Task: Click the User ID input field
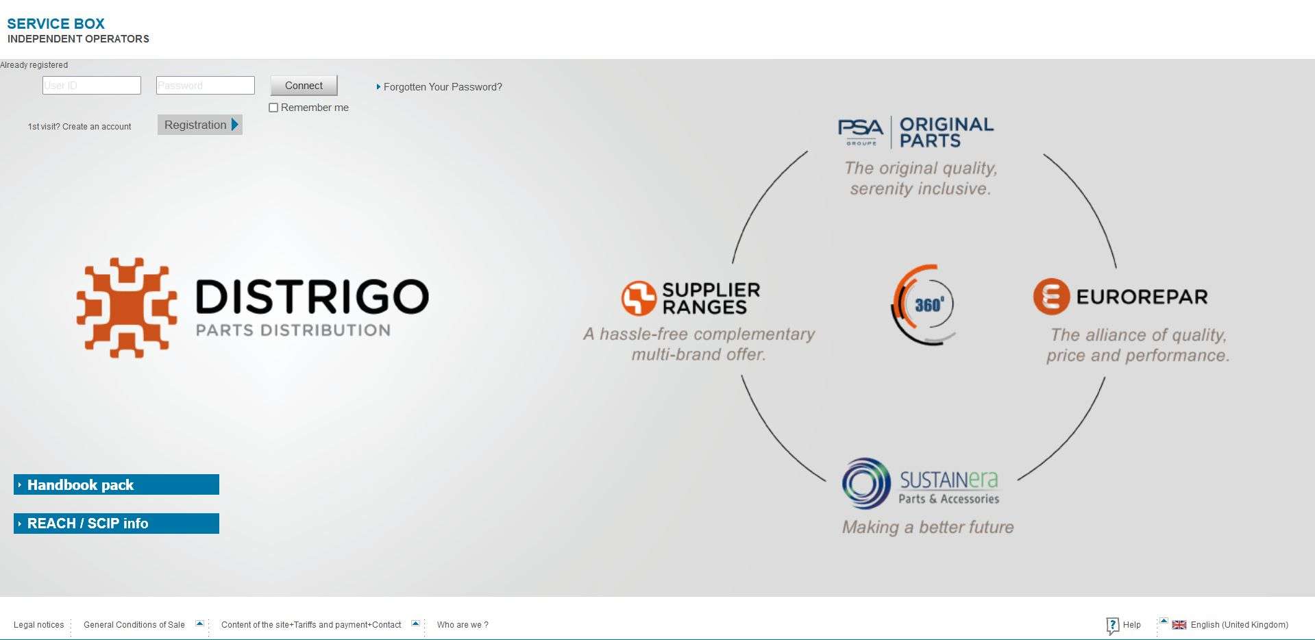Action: click(91, 86)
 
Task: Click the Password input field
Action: click(205, 86)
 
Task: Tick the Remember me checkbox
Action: click(273, 108)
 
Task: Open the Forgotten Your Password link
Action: click(442, 87)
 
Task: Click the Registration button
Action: click(199, 125)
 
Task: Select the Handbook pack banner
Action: click(116, 484)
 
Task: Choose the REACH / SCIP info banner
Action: click(116, 524)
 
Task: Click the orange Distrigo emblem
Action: click(127, 308)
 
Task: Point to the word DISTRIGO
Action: click(312, 297)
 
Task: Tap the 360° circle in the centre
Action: click(925, 304)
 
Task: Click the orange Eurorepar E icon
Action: click(1051, 297)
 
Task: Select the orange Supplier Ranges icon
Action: click(639, 298)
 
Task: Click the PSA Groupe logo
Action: click(861, 131)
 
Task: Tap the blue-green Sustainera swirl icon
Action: click(866, 483)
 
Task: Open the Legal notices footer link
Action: click(38, 625)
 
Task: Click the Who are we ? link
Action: click(463, 625)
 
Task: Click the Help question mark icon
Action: click(1112, 626)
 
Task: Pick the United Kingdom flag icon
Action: click(1179, 625)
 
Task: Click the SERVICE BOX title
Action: click(56, 24)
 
